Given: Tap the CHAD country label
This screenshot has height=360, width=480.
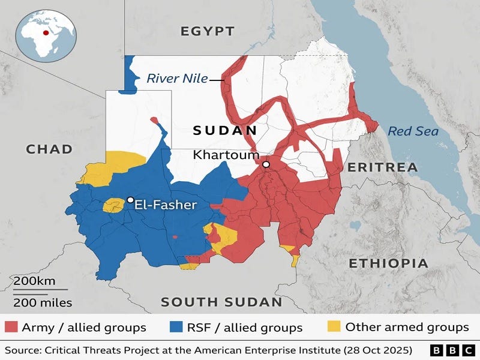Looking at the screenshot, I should [x=49, y=149].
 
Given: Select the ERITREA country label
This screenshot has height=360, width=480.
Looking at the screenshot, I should [x=383, y=167].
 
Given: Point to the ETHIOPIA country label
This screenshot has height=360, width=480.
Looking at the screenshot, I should [x=388, y=263].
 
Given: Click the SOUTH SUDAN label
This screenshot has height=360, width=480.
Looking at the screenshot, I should [x=221, y=302].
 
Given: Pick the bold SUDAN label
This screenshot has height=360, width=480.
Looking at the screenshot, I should [x=225, y=130].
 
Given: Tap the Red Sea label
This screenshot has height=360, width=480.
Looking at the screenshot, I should [x=413, y=131].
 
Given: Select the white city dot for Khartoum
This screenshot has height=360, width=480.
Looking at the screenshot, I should [x=266, y=164].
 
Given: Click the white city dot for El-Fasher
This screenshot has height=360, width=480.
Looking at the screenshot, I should [x=130, y=200].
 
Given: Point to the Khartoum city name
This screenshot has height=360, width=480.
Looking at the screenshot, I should [x=226, y=155].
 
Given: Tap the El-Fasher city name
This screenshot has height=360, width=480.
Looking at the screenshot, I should [x=166, y=205].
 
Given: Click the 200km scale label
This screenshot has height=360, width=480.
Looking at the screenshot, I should [x=35, y=281].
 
